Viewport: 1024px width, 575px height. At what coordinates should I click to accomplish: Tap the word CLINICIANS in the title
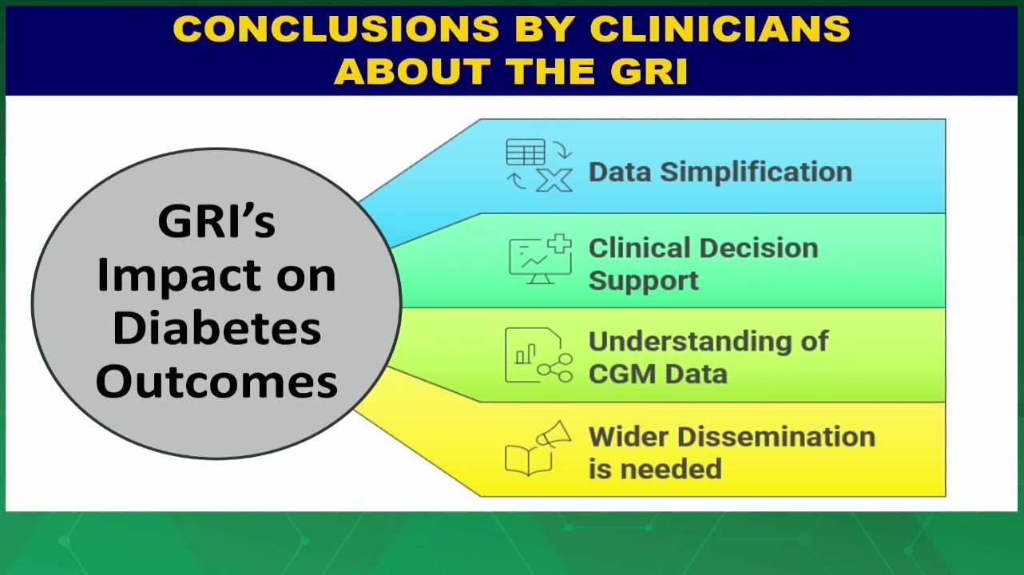click(x=720, y=28)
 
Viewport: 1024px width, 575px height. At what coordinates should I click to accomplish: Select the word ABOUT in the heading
click(x=412, y=71)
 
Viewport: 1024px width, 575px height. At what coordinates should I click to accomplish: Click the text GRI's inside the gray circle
click(x=216, y=221)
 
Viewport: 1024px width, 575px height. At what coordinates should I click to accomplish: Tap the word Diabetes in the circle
click(x=216, y=328)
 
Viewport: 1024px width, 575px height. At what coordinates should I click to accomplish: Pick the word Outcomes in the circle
click(x=216, y=382)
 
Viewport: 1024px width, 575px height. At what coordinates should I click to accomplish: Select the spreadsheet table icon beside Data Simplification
click(x=526, y=152)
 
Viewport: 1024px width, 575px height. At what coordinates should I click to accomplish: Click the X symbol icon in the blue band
click(x=554, y=180)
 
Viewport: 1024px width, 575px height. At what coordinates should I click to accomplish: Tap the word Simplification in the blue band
click(x=756, y=172)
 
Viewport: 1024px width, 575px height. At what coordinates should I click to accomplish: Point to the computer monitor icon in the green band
click(x=540, y=260)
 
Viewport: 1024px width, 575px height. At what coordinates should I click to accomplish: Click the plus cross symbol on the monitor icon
click(x=560, y=244)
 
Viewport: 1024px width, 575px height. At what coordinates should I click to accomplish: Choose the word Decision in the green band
click(x=759, y=248)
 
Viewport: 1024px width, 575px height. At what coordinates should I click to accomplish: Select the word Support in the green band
click(x=644, y=280)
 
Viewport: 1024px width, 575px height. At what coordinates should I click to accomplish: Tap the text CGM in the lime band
click(x=623, y=374)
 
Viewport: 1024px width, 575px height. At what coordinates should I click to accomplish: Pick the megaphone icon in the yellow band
click(x=554, y=434)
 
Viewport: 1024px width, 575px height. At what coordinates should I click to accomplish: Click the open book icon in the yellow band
click(x=529, y=460)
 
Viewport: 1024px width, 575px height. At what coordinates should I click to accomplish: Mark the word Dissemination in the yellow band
click(x=776, y=437)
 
